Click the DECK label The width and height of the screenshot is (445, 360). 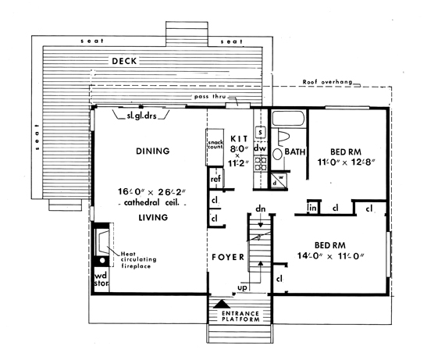coord(124,61)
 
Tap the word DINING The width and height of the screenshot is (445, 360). coord(153,151)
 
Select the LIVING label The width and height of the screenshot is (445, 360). coord(153,217)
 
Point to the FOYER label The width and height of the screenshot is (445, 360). coord(228,257)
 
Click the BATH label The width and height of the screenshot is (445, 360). coord(295,151)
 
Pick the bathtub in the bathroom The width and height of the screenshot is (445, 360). coord(288,118)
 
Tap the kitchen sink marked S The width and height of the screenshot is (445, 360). coord(261,132)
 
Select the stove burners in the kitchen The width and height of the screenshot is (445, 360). coord(261,164)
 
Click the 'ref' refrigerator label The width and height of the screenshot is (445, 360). coord(215,179)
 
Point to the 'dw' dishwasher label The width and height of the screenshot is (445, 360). coord(260,148)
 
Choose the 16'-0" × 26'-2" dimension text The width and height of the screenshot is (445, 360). coord(151,192)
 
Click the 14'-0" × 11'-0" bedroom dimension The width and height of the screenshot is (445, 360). coord(331,256)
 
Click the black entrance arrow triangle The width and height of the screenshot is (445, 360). coord(222,305)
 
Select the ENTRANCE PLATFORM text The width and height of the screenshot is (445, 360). coord(240,316)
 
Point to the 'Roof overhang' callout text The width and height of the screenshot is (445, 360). coord(327,82)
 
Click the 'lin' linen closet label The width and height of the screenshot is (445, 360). coord(312,208)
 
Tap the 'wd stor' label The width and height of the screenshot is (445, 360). coord(101,279)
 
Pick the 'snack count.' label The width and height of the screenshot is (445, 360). coord(215,144)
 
